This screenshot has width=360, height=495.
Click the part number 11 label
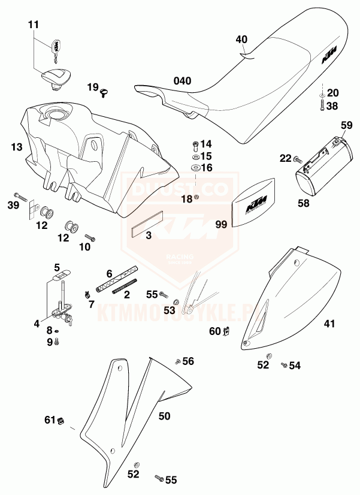tap(33, 25)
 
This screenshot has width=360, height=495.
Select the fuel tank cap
tap(56, 77)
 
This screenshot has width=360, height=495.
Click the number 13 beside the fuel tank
tap(16, 146)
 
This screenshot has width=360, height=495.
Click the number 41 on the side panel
tap(329, 324)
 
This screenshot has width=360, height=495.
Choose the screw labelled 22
tap(297, 159)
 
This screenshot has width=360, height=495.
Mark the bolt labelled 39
tap(19, 196)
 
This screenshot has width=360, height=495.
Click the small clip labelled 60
tap(227, 331)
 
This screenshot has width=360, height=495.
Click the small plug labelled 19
tap(105, 91)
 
